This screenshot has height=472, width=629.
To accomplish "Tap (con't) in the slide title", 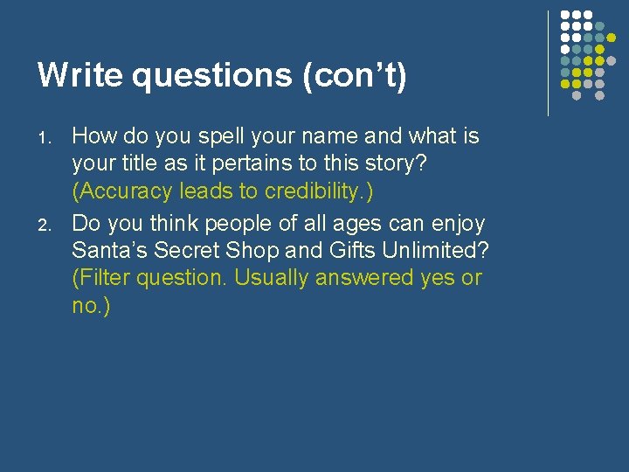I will click(354, 76).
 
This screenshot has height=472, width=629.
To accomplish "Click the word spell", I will click(205, 136).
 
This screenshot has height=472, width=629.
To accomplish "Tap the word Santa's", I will click(110, 250).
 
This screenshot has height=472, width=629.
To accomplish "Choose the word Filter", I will click(106, 278).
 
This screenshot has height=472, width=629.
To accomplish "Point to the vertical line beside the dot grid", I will click(548, 63).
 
